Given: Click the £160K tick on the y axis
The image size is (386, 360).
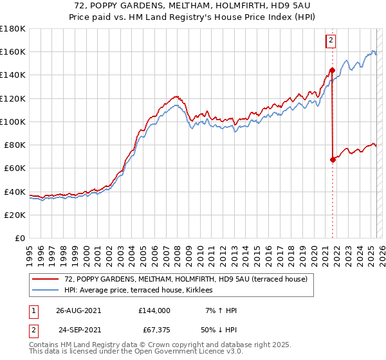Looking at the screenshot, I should pyautogui.click(x=14, y=51).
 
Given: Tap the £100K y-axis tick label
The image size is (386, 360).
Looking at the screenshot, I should pyautogui.click(x=14, y=122).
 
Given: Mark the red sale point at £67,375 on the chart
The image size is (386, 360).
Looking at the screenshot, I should pyautogui.click(x=333, y=159).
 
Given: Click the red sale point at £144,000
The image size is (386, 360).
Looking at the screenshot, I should pyautogui.click(x=332, y=70).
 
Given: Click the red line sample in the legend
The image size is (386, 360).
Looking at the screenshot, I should pyautogui.click(x=46, y=279).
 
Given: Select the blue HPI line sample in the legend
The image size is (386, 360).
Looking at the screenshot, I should pyautogui.click(x=46, y=290).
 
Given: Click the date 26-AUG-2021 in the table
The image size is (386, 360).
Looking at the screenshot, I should pyautogui.click(x=78, y=310).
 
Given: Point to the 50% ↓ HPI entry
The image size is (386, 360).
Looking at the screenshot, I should pyautogui.click(x=219, y=329).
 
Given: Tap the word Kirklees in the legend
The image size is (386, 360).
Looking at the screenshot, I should pyautogui.click(x=207, y=290).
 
